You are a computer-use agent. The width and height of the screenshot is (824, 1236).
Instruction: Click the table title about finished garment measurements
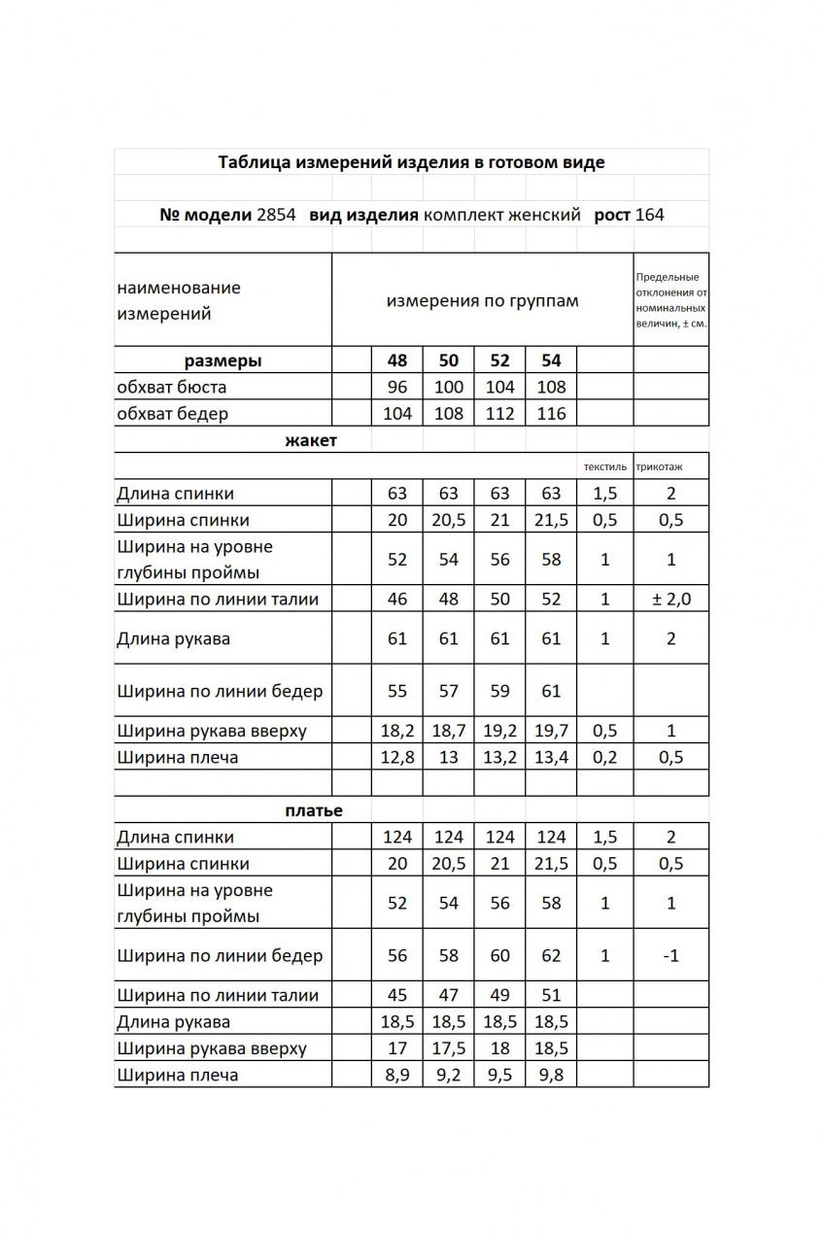coord(411,162)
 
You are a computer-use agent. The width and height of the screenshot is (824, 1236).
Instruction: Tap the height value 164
coord(650,215)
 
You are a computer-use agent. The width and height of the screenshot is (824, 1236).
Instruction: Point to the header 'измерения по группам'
coord(482,300)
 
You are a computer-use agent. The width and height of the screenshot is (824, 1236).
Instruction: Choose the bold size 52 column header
coord(499,360)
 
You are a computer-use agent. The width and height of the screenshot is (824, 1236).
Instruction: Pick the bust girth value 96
coord(397,387)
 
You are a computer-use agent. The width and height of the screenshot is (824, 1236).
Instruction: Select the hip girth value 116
coord(551,414)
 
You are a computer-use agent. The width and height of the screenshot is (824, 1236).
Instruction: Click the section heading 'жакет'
coord(311,441)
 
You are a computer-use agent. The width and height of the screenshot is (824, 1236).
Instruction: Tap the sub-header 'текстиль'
coord(604,467)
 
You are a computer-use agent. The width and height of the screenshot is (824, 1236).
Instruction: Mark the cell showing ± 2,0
coord(670,599)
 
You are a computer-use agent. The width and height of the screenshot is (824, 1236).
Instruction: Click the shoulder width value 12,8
coord(397,757)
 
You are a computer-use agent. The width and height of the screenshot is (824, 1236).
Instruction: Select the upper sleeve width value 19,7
coord(551,731)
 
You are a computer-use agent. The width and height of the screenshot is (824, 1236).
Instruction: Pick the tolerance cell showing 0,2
coord(604,757)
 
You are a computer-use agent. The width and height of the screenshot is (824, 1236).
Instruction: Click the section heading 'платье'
coord(314,810)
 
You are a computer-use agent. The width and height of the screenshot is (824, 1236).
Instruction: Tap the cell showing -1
coord(670,956)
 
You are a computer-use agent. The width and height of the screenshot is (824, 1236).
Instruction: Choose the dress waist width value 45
coord(397,995)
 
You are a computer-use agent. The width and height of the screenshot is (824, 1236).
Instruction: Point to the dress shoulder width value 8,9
coord(397,1075)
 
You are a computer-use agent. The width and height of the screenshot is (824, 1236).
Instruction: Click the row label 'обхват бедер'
coord(172,414)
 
